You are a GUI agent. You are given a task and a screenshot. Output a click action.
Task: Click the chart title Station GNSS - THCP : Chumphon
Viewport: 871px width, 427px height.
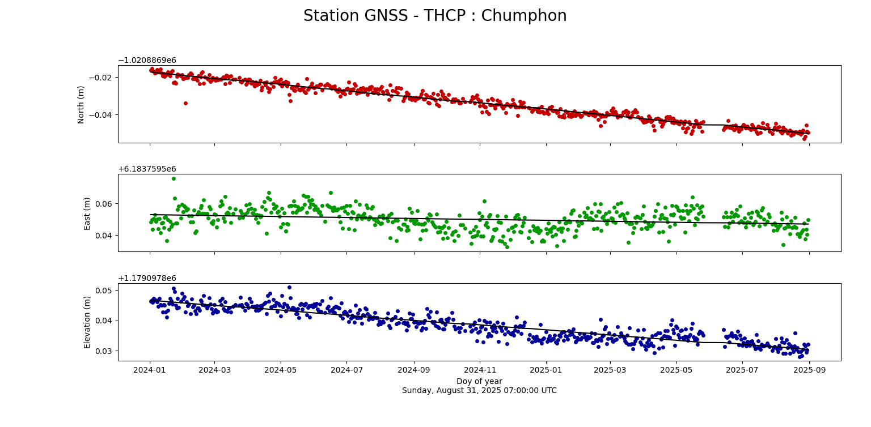coord(435,16)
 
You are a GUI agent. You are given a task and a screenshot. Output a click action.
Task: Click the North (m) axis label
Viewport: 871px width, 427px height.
coord(81,104)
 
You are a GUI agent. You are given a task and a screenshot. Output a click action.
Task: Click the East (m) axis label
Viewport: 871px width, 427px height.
coord(87,213)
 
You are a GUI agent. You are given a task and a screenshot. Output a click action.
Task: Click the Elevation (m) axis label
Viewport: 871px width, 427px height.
coord(87,322)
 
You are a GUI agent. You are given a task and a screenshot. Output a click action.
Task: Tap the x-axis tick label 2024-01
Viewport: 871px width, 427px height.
coord(150,370)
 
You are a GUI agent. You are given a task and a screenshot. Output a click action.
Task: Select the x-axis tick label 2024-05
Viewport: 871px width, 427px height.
coord(281,370)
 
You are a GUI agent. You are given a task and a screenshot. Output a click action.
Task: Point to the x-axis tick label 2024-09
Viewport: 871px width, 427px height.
coord(413,370)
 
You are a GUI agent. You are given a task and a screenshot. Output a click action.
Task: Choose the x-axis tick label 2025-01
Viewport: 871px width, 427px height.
coord(546,370)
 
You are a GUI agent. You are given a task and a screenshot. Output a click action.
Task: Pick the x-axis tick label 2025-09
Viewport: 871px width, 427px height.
coord(809,370)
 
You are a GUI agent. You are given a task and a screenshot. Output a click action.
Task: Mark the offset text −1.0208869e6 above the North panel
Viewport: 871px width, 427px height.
coord(147,61)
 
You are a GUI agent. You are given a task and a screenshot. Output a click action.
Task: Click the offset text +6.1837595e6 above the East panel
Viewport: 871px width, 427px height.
coord(147,169)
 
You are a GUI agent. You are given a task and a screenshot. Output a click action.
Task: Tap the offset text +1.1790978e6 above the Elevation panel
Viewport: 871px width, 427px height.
coord(147,279)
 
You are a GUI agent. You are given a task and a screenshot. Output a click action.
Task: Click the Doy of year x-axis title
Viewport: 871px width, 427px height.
coord(479,381)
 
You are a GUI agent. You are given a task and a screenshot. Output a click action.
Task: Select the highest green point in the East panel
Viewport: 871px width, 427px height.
coord(174,179)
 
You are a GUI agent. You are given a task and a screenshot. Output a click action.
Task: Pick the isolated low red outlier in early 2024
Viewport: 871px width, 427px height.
coord(185,103)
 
